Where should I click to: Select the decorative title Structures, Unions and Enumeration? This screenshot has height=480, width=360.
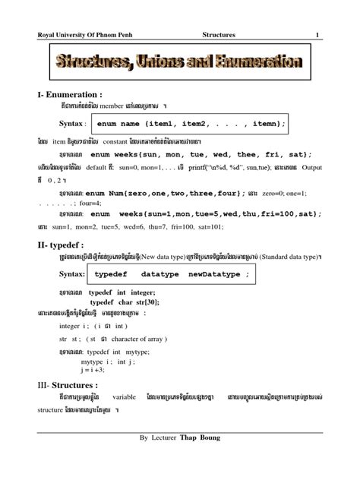click(x=179, y=65)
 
